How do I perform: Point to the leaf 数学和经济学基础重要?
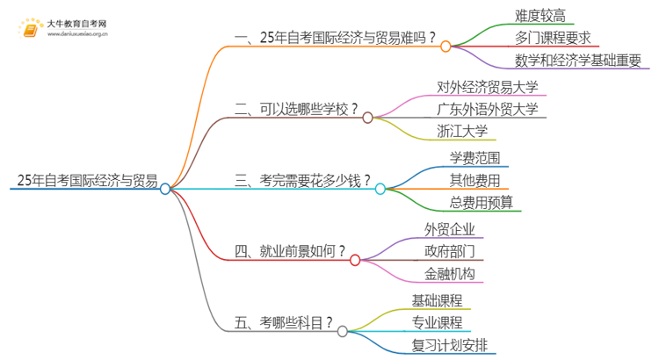[579, 61]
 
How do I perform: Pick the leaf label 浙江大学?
[461, 132]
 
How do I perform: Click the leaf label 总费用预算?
[481, 204]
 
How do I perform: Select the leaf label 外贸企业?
[450, 229]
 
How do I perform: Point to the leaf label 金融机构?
[450, 275]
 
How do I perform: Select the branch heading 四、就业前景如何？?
[291, 252]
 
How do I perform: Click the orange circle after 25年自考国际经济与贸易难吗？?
[445, 46]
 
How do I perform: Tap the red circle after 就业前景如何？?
[355, 260]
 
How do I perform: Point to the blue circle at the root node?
[165, 188]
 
